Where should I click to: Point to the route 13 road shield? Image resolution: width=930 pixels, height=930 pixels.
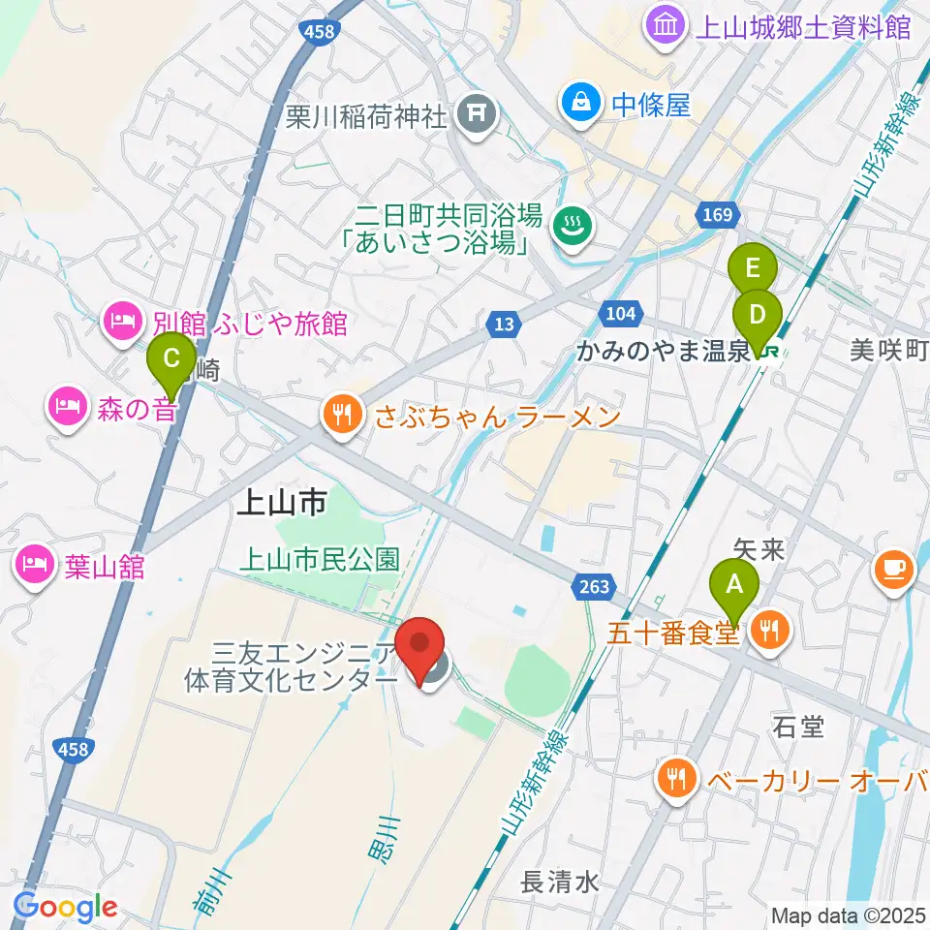[503, 326]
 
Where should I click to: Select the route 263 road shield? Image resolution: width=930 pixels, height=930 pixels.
[596, 586]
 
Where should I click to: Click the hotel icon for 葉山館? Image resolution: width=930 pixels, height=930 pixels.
[36, 565]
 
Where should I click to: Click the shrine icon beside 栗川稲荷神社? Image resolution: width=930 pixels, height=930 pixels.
[478, 117]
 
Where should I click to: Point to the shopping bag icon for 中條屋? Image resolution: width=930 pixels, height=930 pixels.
[580, 104]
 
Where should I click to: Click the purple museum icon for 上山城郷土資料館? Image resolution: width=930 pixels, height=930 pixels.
[666, 25]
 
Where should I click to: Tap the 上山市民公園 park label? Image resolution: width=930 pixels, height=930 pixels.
[319, 559]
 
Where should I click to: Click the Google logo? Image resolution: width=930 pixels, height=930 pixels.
[65, 908]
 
